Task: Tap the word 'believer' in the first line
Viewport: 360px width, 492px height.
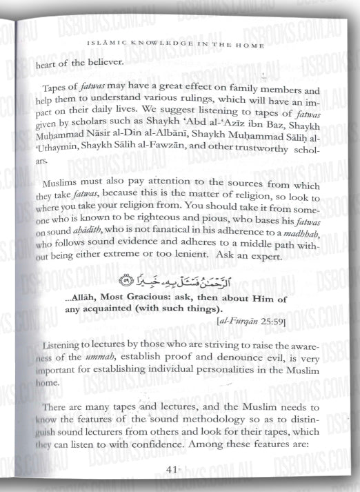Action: coord(101,66)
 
